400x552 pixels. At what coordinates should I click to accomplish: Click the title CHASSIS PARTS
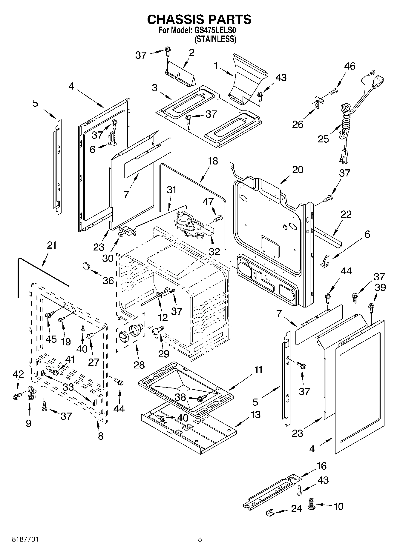(199, 19)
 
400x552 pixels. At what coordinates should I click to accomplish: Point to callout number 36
(108, 280)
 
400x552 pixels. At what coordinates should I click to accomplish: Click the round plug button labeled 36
(86, 265)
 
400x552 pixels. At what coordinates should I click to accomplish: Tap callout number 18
(213, 161)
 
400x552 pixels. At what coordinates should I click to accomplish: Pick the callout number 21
(51, 245)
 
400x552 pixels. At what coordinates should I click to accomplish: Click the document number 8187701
(25, 539)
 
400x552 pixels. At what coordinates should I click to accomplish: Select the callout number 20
(298, 170)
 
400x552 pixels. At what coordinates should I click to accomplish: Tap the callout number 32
(214, 251)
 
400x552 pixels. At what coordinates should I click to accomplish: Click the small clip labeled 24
(270, 512)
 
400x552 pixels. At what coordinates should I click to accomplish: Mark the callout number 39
(380, 287)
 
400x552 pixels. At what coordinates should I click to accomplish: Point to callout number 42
(18, 374)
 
